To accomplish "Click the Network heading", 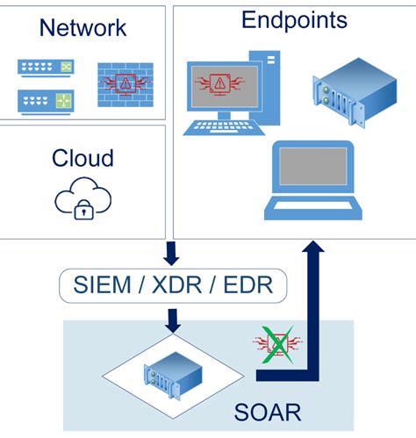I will tap(82, 27).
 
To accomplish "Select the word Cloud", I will tap(82, 158).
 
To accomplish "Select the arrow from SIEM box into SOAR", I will tap(172, 321).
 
